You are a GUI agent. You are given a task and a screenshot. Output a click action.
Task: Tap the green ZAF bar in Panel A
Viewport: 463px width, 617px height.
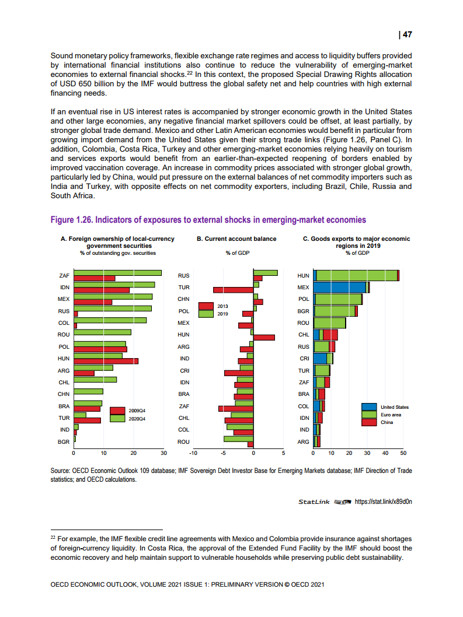[117, 273]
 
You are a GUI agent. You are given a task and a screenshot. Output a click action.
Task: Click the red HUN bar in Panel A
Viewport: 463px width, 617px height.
[106, 361]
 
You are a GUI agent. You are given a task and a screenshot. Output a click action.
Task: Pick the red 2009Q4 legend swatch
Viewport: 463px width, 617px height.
[118, 411]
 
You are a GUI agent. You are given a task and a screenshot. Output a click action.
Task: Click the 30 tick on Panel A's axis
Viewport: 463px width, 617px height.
[163, 453]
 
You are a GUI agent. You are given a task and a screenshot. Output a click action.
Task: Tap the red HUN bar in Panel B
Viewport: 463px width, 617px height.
[264, 337]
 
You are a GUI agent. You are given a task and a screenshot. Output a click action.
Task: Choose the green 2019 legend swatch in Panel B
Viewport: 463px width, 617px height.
[206, 314]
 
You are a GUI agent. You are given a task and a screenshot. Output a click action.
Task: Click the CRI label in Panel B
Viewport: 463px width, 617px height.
[184, 370]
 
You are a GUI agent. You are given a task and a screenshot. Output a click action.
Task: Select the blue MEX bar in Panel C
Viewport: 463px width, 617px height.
[340, 287]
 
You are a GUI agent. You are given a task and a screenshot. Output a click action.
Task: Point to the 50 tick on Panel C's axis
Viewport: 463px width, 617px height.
[403, 453]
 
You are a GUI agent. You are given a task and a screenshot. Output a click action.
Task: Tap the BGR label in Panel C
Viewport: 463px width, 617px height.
[303, 311]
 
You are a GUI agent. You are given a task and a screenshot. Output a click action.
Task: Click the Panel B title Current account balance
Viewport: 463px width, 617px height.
[236, 239]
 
